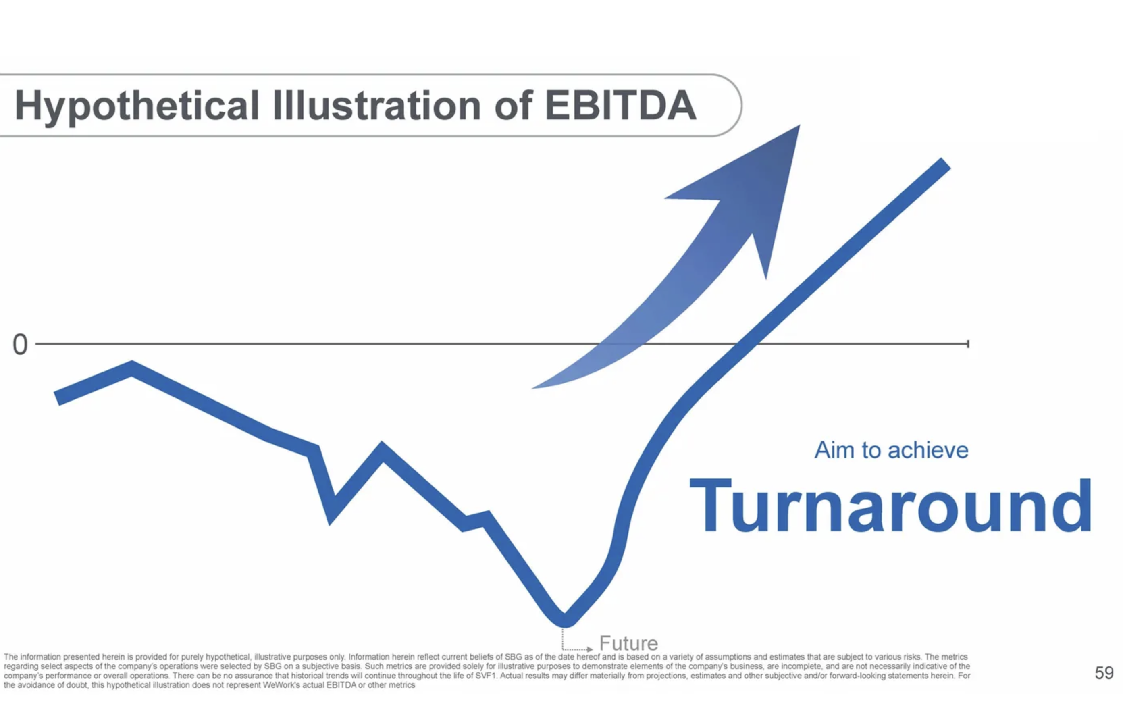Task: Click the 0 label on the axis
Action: (x=20, y=344)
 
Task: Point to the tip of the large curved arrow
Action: (x=799, y=125)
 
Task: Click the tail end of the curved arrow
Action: (x=532, y=388)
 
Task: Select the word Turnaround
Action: (x=890, y=506)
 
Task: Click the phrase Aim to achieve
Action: (x=891, y=450)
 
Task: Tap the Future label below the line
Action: (x=628, y=643)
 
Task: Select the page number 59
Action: (x=1104, y=673)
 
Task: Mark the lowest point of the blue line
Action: (x=565, y=622)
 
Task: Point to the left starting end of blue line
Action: (x=56, y=398)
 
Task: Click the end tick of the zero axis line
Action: (x=967, y=344)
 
